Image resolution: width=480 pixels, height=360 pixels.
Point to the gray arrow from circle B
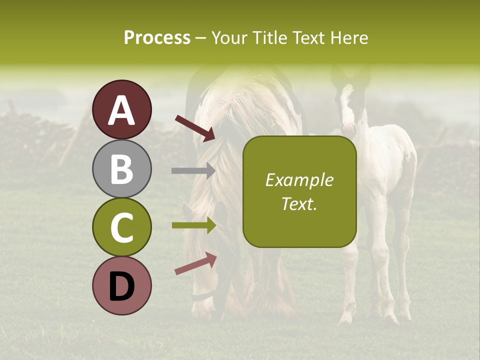(x=193, y=170)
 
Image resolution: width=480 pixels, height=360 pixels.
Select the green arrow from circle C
(x=193, y=225)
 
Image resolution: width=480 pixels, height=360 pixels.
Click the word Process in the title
(x=157, y=37)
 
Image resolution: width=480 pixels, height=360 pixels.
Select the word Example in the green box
(x=299, y=180)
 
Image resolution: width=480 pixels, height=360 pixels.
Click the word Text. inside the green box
(x=299, y=203)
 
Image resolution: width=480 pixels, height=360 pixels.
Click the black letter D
(x=122, y=286)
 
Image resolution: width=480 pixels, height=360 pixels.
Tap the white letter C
(x=122, y=228)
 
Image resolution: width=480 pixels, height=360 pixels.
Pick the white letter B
(x=122, y=169)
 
